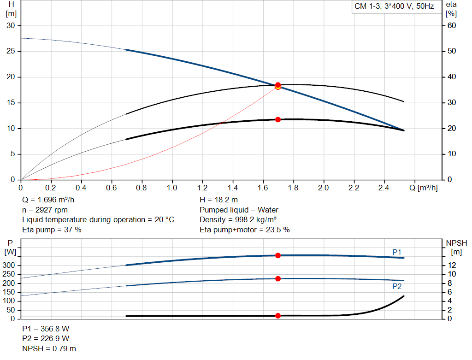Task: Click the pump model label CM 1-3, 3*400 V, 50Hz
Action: click(x=394, y=7)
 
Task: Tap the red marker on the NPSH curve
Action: click(x=278, y=316)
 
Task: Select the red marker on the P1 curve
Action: click(x=278, y=255)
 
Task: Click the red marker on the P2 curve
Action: click(x=278, y=278)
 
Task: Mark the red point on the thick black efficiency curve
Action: click(x=278, y=119)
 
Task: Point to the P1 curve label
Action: click(x=397, y=252)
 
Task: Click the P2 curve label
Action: click(x=397, y=286)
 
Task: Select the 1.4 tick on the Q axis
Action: click(x=233, y=188)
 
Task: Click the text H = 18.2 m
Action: click(x=219, y=200)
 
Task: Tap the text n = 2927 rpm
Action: click(x=45, y=210)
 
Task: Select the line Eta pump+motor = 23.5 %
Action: click(x=245, y=230)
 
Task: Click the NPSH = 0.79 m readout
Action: click(x=49, y=348)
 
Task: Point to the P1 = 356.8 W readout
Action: click(x=46, y=329)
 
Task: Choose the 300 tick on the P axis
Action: click(x=11, y=266)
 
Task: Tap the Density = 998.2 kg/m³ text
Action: click(x=238, y=219)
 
